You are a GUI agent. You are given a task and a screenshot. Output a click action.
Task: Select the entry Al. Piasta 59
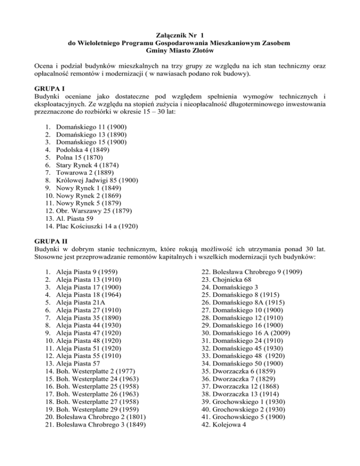pyautogui.click(x=76, y=221)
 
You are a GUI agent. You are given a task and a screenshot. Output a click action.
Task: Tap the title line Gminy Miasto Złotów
pyautogui.click(x=180, y=52)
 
